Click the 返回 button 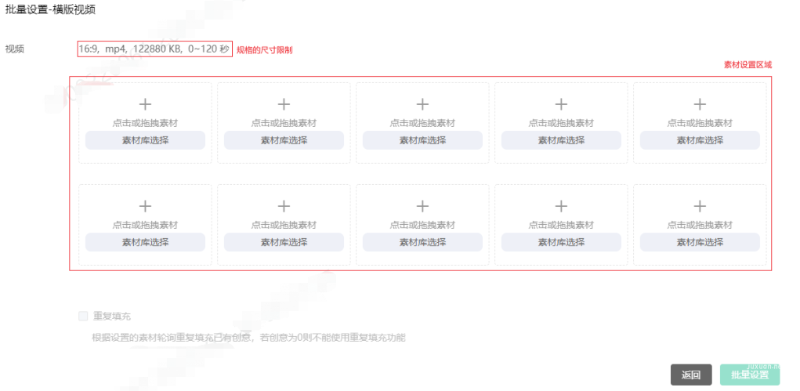pos(690,375)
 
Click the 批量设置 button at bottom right pos(750,375)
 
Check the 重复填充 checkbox pos(83,316)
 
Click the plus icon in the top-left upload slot pos(145,103)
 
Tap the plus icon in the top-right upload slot pos(700,103)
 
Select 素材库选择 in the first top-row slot pos(145,140)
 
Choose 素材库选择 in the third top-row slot pos(422,140)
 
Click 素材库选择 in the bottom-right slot pos(700,242)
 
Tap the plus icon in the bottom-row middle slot pos(422,205)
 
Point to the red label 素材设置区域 pos(748,64)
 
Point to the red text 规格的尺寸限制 pos(264,49)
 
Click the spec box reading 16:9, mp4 pos(154,49)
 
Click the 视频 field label pos(15,49)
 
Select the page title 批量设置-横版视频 pos(49,9)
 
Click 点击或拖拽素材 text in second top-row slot pos(284,123)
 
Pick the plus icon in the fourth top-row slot pos(561,103)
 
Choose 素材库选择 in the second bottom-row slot pos(284,242)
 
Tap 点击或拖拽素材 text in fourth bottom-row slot pos(561,225)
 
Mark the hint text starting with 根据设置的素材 pos(248,338)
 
